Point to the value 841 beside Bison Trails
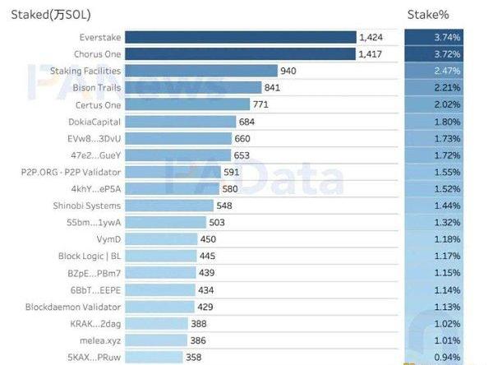(x=274, y=88)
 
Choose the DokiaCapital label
(x=94, y=122)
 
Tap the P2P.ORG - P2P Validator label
(x=71, y=172)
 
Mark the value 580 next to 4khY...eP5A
(x=231, y=189)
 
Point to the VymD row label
(x=109, y=239)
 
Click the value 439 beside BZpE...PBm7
(x=206, y=273)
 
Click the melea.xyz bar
(x=156, y=340)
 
